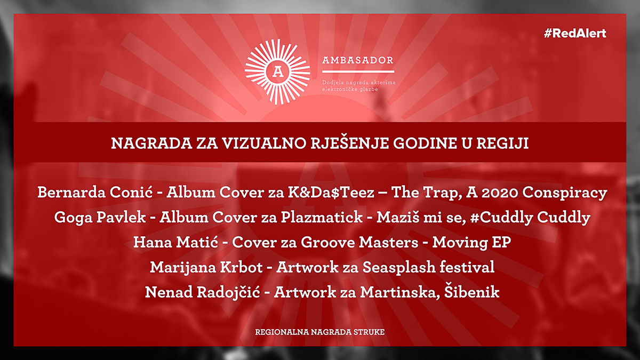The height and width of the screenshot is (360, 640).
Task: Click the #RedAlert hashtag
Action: [x=575, y=34]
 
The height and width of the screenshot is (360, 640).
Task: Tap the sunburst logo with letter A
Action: [x=277, y=71]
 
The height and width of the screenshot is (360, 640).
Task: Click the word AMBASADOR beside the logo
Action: [x=358, y=60]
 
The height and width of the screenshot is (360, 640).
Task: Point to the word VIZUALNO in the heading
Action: [x=265, y=143]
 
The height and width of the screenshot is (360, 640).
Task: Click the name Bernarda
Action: [x=71, y=192]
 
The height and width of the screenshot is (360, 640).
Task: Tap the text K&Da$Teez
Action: [x=331, y=192]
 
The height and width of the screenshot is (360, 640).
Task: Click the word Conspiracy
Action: [x=565, y=193]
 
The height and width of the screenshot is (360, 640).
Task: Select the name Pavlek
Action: [x=121, y=217]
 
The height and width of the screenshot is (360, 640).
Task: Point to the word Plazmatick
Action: [x=322, y=217]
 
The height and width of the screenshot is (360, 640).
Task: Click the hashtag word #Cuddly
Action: [x=501, y=218]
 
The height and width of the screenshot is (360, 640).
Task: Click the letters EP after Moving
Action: [x=501, y=242]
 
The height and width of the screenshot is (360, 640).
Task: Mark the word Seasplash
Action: [x=399, y=268]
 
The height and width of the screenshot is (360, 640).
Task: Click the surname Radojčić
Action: [x=229, y=292]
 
